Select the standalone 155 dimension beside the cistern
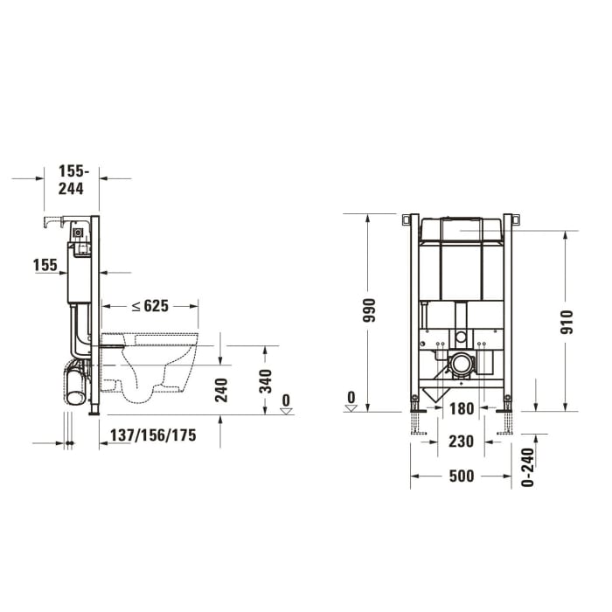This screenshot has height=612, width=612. [x=45, y=264]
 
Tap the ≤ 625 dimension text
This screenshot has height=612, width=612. [x=150, y=306]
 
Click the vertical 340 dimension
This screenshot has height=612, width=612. [x=266, y=381]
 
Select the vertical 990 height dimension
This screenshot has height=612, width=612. [x=368, y=312]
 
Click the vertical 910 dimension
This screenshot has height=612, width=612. [x=567, y=323]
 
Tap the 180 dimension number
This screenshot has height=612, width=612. [x=461, y=408]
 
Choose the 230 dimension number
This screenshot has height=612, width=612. [x=461, y=442]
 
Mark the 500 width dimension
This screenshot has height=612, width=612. [x=461, y=476]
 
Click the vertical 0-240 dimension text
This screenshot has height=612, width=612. [x=526, y=467]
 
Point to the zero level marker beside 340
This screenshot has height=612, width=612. [x=285, y=403]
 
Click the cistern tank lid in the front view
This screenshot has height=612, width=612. [x=462, y=229]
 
